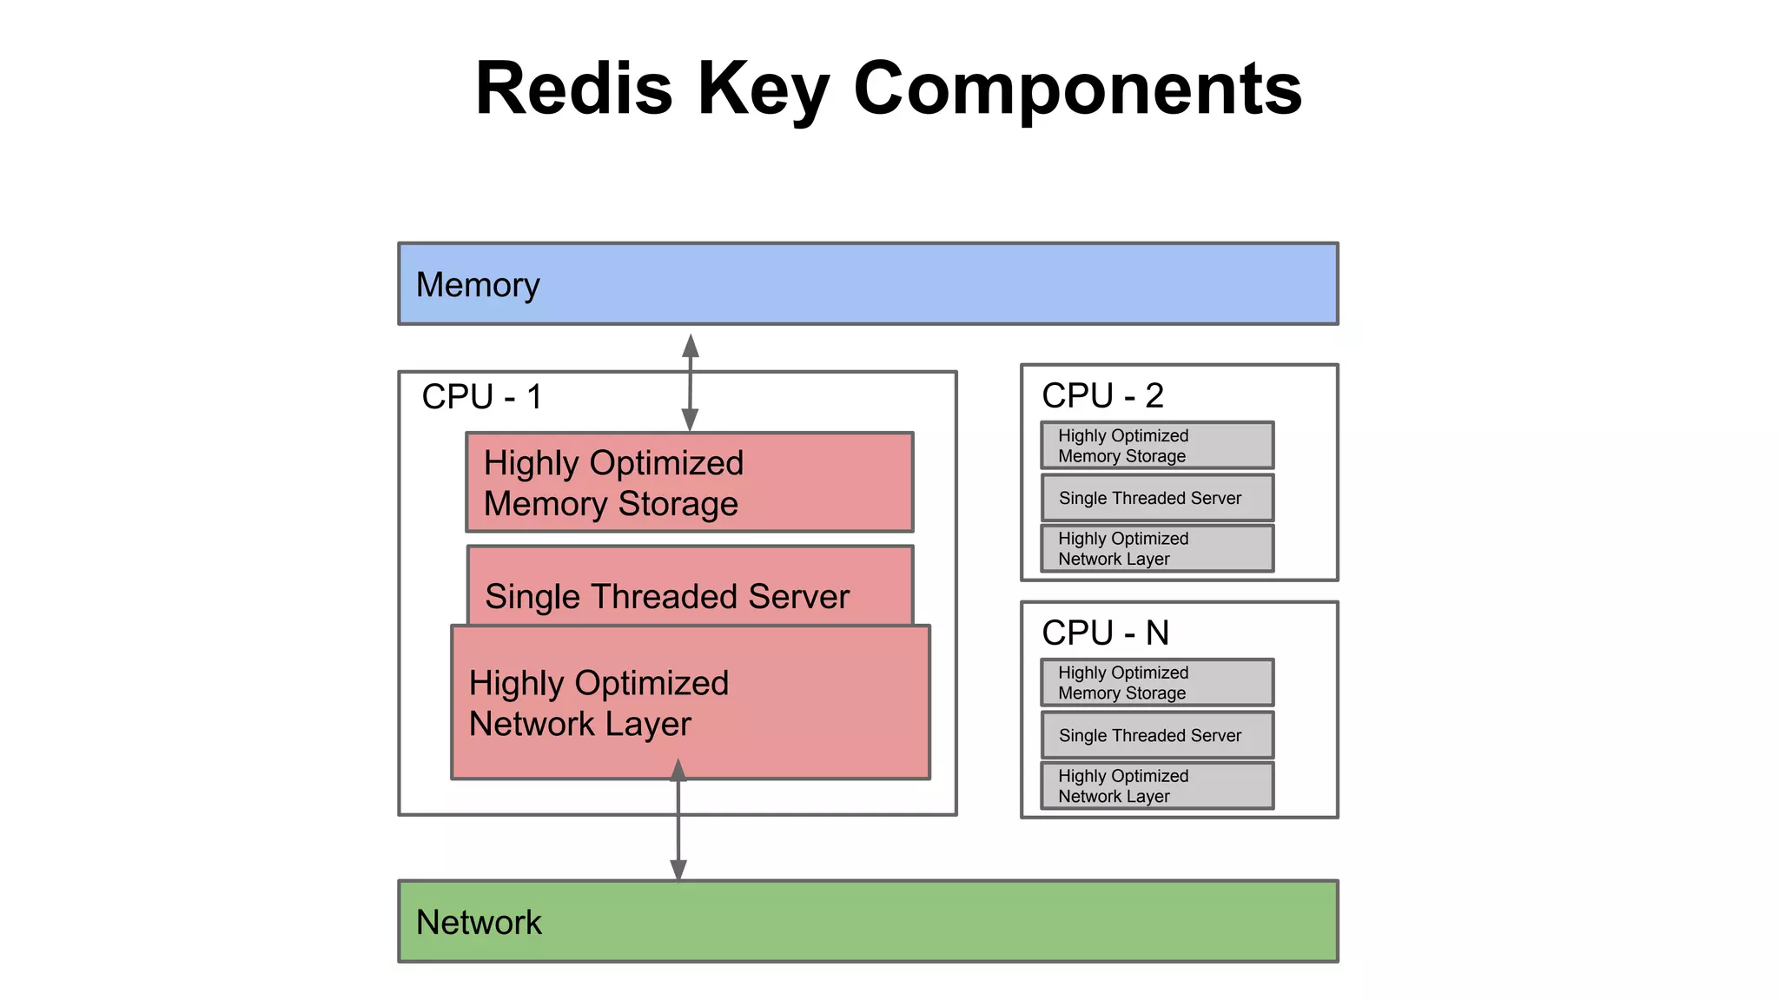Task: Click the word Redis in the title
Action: (x=573, y=89)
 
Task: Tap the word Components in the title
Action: (x=1077, y=89)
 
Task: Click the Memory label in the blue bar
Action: (x=478, y=285)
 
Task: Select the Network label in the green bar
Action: (x=479, y=922)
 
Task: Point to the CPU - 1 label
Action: (x=482, y=397)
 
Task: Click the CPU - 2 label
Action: (x=1102, y=396)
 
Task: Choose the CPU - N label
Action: (x=1105, y=633)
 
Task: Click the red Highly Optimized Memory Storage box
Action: (x=690, y=482)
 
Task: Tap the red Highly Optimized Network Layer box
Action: (x=690, y=702)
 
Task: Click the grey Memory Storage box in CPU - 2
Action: (x=1157, y=446)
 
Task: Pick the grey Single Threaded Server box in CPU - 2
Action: (x=1157, y=498)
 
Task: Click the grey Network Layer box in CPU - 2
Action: (x=1157, y=548)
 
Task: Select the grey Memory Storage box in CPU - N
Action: (x=1157, y=683)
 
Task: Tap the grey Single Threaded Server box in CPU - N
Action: (x=1157, y=735)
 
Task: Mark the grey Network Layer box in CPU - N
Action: (x=1157, y=786)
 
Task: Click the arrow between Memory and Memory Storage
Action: (x=690, y=382)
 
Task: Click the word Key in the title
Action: (x=763, y=89)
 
